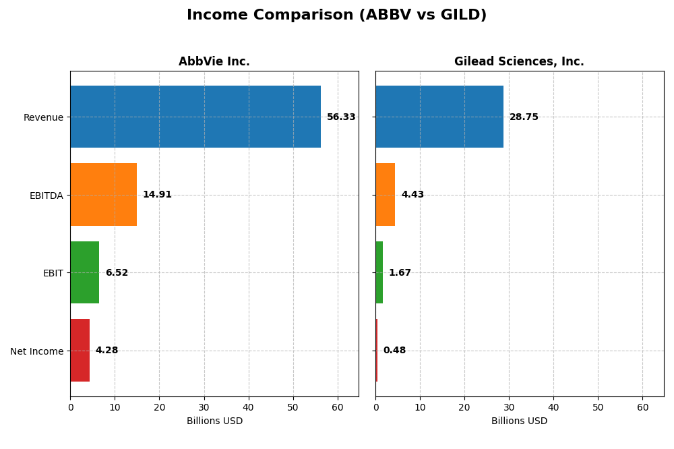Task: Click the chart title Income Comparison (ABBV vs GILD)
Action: click(336, 16)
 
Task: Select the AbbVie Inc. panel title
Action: click(214, 62)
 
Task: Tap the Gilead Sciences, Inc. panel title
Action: click(519, 62)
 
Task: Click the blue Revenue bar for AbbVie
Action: click(195, 117)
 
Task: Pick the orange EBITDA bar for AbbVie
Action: click(104, 195)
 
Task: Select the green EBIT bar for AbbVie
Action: click(85, 272)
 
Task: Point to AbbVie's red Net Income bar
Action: click(80, 351)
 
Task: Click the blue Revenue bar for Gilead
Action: click(439, 117)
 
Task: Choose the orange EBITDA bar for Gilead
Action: click(386, 195)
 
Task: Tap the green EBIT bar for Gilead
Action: click(379, 272)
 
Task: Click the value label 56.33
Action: click(341, 117)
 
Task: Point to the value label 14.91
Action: click(157, 195)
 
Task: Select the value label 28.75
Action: click(524, 117)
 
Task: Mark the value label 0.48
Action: click(394, 351)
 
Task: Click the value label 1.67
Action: click(400, 273)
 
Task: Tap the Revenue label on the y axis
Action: click(43, 117)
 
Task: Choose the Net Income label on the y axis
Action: click(37, 351)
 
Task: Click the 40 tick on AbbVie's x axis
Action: click(249, 407)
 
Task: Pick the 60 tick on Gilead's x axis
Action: click(642, 407)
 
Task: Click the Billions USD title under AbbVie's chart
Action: click(214, 421)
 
